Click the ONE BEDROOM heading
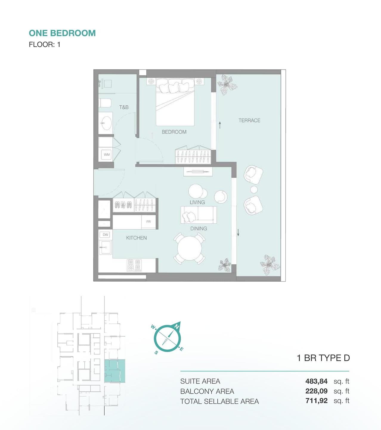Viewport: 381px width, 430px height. tap(62, 33)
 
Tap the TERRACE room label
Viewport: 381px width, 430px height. tap(250, 120)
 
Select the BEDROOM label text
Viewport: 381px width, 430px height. tap(174, 132)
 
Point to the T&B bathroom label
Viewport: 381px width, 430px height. tap(124, 107)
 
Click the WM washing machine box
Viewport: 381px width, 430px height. tap(107, 154)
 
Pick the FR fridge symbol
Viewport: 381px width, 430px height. tap(148, 222)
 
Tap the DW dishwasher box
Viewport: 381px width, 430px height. tap(105, 234)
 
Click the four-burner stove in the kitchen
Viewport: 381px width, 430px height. tap(134, 265)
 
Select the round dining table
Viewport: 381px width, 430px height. tap(189, 248)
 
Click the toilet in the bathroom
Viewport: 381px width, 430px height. tap(105, 103)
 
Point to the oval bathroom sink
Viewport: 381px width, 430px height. tap(106, 123)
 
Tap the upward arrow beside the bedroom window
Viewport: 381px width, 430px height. tap(220, 125)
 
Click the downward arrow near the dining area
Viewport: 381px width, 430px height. tap(238, 232)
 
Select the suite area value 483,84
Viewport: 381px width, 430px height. tap(316, 381)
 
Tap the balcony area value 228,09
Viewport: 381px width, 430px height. tap(316, 391)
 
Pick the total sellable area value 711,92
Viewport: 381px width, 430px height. tap(316, 401)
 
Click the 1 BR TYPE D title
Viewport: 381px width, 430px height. tap(323, 358)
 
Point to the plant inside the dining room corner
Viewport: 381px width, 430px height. tap(224, 265)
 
